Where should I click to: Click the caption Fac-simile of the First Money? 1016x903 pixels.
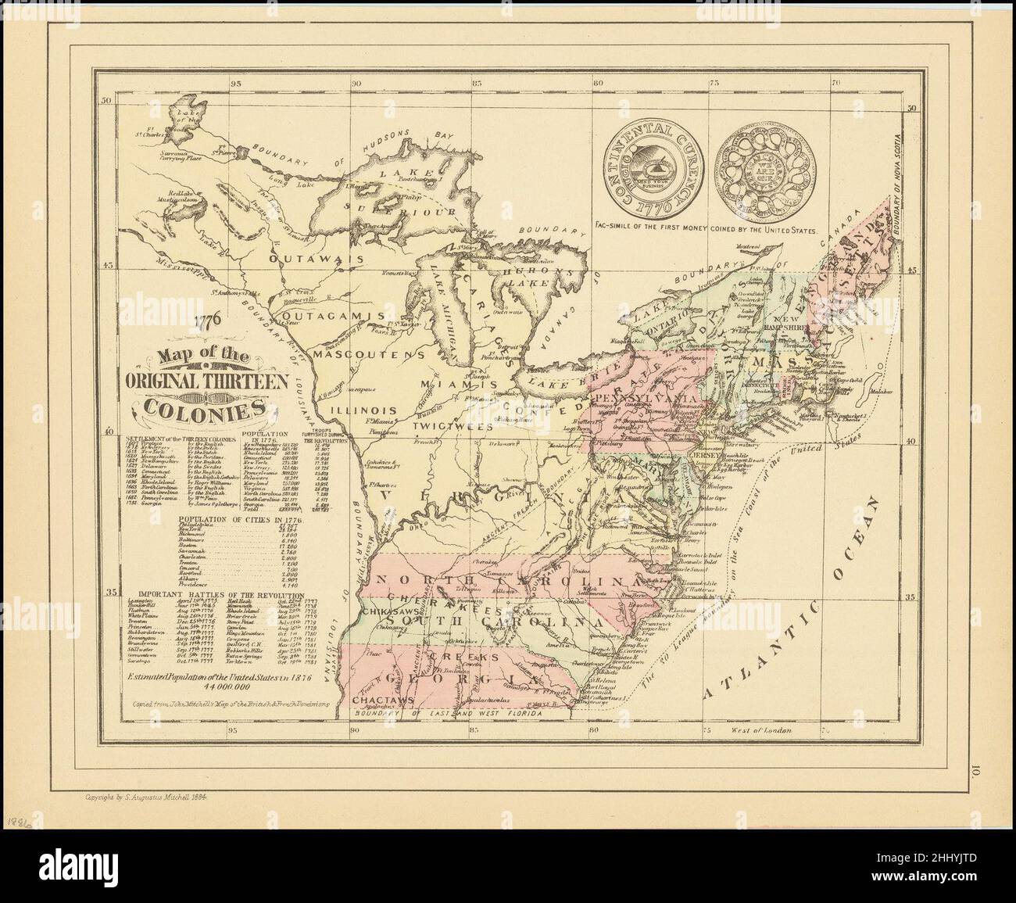[705, 231]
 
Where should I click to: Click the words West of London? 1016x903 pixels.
[764, 729]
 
